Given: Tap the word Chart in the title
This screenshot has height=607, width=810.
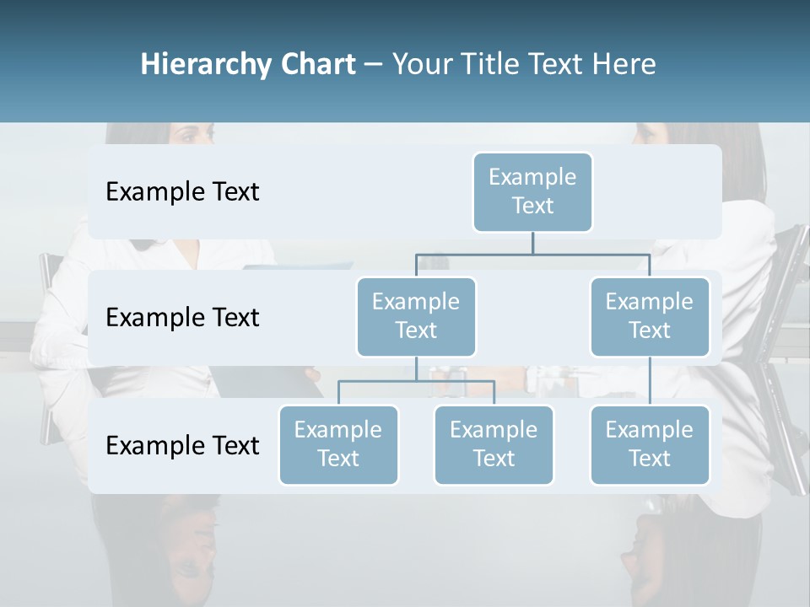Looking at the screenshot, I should [315, 64].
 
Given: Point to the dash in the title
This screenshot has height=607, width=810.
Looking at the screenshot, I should [374, 66].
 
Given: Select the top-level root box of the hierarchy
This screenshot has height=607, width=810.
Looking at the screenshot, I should [532, 191].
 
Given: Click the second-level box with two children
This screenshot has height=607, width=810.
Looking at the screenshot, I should [416, 316].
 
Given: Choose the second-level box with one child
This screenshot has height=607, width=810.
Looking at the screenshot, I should [650, 316].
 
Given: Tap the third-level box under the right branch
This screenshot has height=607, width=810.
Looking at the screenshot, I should [650, 444].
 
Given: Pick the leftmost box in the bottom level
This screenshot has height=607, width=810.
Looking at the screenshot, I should [338, 444].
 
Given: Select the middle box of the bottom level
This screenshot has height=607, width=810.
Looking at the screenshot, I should [494, 444].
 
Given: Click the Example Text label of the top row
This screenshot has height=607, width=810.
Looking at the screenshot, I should [182, 191].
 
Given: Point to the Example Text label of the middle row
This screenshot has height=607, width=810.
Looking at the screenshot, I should [182, 317].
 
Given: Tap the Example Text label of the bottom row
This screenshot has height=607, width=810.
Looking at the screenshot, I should [182, 445].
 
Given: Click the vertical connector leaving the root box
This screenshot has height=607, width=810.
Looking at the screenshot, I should [532, 243].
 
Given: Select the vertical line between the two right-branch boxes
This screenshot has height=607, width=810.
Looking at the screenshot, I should [650, 380].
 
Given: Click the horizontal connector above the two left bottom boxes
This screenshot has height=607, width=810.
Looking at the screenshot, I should [416, 381].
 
